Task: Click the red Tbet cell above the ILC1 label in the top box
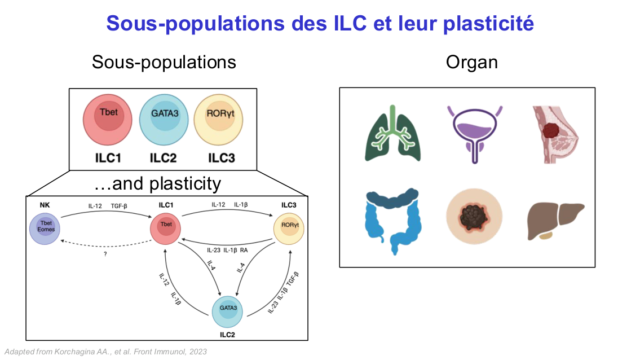coord(107,118)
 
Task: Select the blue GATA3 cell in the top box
coord(163,118)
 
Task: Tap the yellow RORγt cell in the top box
coord(218,118)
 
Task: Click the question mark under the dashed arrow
coord(105,254)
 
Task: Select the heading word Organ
coord(472,62)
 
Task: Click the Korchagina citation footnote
coord(105,352)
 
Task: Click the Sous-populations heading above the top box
coord(164,62)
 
